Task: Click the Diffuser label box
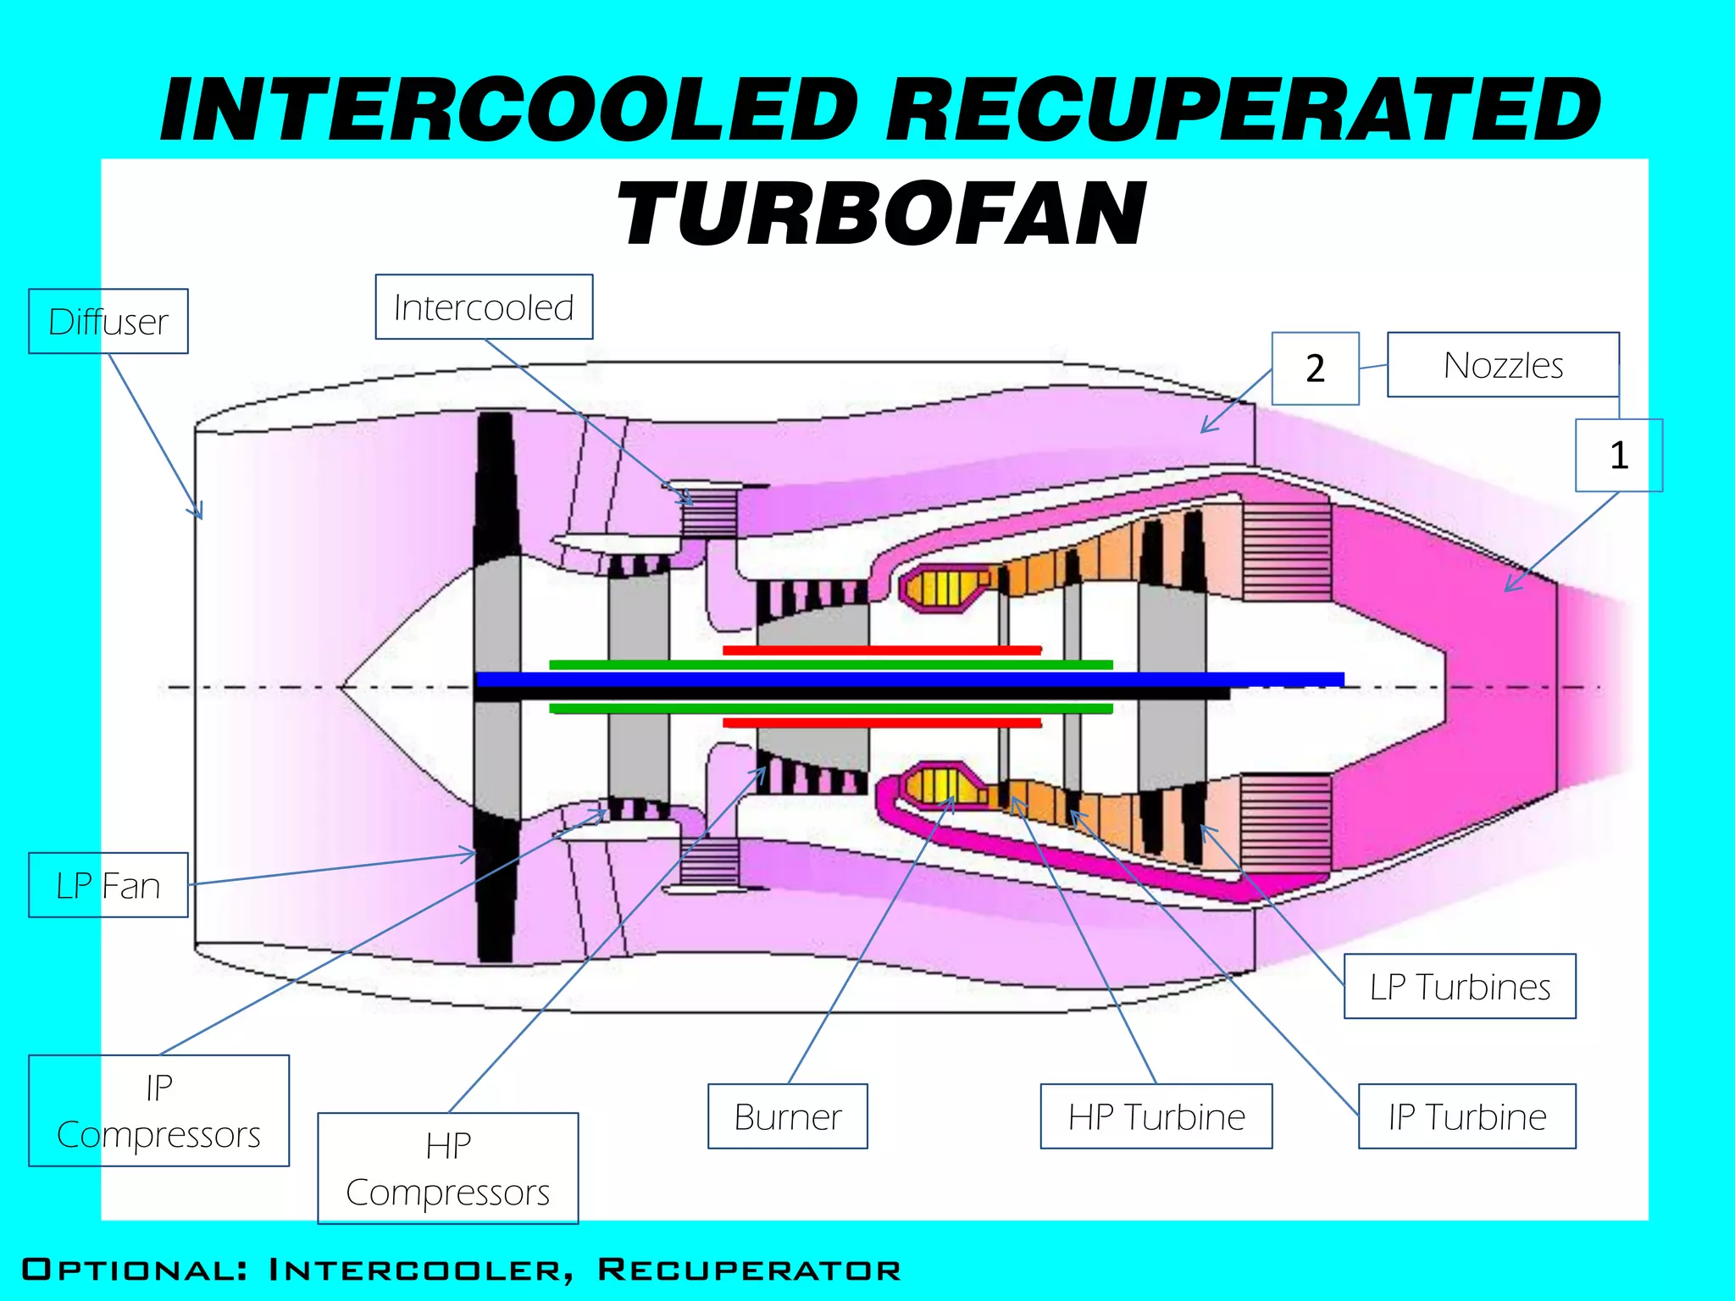108,321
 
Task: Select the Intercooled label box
484,307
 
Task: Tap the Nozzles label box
1503,365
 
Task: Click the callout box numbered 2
1315,368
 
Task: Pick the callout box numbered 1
1618,455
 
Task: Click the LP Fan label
108,885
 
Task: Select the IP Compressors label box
158,1110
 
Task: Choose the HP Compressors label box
447,1168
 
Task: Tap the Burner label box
787,1116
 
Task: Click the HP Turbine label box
1156,1116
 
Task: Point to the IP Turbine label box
1466,1116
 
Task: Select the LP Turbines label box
1460,986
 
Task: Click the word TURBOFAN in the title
881,214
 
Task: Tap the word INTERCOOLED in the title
508,110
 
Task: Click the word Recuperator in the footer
749,1270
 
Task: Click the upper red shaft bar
881,650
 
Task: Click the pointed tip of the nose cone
341,687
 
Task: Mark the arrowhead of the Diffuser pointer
200,515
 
